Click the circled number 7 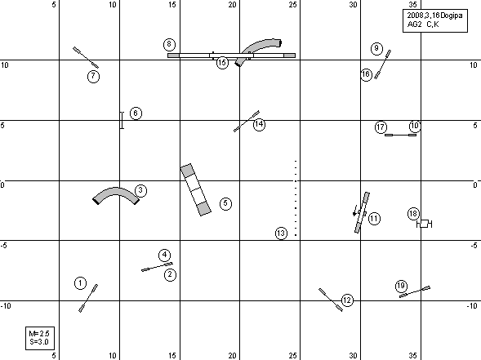tap(94, 77)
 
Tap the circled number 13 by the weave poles tap(281, 233)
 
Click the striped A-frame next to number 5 tap(196, 189)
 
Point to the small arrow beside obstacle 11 tap(355, 211)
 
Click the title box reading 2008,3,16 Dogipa tap(435, 20)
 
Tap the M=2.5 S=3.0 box tap(40, 338)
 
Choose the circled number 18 tap(413, 214)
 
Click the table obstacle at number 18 tap(425, 224)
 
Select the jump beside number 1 tap(88, 298)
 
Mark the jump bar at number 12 tap(331, 300)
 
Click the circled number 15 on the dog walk tap(222, 63)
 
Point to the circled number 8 tap(169, 44)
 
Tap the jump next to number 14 tap(247, 121)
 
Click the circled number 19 tap(401, 286)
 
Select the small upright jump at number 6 tap(122, 120)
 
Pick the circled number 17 tap(381, 127)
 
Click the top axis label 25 tap(292, 5)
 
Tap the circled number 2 tap(170, 274)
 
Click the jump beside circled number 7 tap(86, 57)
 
